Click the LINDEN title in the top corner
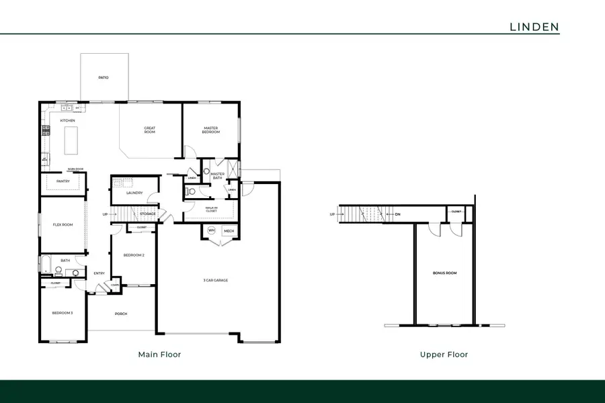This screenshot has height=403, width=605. click(x=534, y=26)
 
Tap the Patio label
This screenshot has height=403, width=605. click(x=103, y=78)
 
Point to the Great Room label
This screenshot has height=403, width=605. click(x=149, y=130)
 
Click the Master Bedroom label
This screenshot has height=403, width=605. click(x=210, y=130)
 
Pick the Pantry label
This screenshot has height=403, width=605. click(x=63, y=181)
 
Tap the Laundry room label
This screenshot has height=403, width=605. click(x=134, y=193)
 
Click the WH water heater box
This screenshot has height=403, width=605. click(x=211, y=230)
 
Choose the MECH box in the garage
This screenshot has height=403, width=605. click(x=229, y=230)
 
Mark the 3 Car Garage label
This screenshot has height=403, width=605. click(x=216, y=280)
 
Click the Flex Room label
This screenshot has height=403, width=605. click(x=63, y=224)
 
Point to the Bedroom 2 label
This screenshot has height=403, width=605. click(x=134, y=255)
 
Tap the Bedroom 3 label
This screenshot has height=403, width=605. click(x=63, y=313)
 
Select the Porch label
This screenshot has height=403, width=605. click(x=121, y=314)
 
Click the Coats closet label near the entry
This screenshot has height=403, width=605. click(x=115, y=285)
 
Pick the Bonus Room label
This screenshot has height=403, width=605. click(x=444, y=273)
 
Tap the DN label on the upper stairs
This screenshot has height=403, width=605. click(x=397, y=215)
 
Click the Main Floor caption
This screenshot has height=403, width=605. click(x=159, y=354)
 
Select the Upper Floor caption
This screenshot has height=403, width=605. click(x=444, y=354)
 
